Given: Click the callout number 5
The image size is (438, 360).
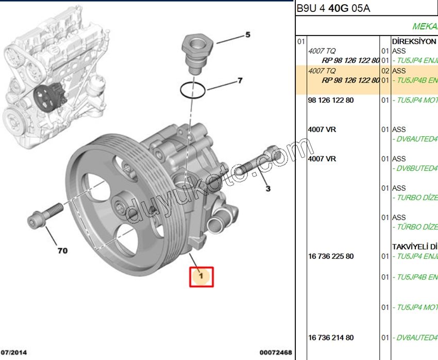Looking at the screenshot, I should pos(247,35).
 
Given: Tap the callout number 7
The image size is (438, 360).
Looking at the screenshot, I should pos(239,81).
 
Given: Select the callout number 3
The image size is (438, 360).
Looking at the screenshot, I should pos(267,189).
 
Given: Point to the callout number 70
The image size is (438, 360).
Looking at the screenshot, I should pos(62,251).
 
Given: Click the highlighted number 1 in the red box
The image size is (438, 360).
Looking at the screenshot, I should pos(201,276).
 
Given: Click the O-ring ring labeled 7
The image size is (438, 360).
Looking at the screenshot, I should pos(193,90).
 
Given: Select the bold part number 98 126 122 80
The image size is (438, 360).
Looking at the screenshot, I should pos(330,100).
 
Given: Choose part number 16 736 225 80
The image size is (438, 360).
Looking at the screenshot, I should pos(330,256).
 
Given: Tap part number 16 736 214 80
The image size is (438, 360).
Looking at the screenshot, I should pos(330,338).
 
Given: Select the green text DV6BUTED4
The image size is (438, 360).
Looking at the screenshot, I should pos(415,169).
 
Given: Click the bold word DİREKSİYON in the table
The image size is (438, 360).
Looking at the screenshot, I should pos(414,41).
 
